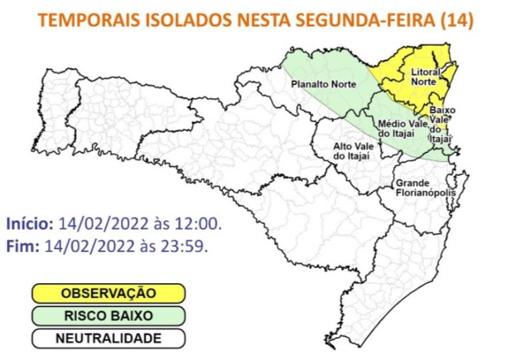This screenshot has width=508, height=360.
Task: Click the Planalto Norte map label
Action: coord(324,84)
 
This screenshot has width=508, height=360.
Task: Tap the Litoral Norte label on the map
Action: coord(424,77)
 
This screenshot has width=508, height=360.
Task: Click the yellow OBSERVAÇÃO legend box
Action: coord(108,293)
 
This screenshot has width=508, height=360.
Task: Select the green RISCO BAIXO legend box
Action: coord(108,316)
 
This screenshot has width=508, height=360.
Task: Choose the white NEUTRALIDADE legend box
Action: coord(108,338)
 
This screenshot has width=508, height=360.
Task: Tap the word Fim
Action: coord(22,246)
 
